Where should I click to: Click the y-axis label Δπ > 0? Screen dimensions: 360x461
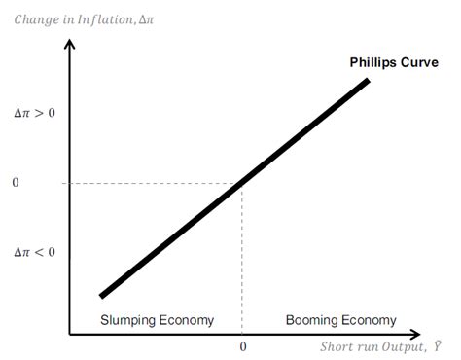pos(34,113)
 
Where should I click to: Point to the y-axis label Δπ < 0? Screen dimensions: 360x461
pos(34,252)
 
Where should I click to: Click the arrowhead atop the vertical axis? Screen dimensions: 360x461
pos(69,45)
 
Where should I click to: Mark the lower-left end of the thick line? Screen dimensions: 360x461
pos(101,294)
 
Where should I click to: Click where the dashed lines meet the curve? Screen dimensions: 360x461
pos(241,183)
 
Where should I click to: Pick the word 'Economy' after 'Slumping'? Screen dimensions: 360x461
pos(186,320)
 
